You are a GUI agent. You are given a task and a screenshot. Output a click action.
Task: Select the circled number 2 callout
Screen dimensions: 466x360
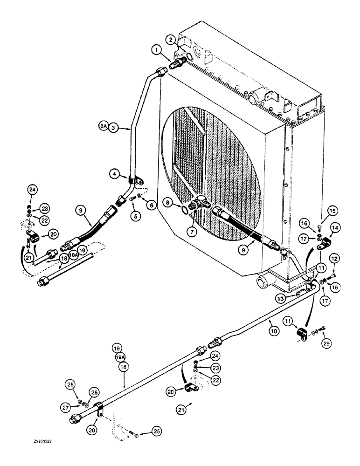tap(172, 40)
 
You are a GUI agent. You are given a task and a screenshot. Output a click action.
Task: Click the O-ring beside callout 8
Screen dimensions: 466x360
tap(185, 211)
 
